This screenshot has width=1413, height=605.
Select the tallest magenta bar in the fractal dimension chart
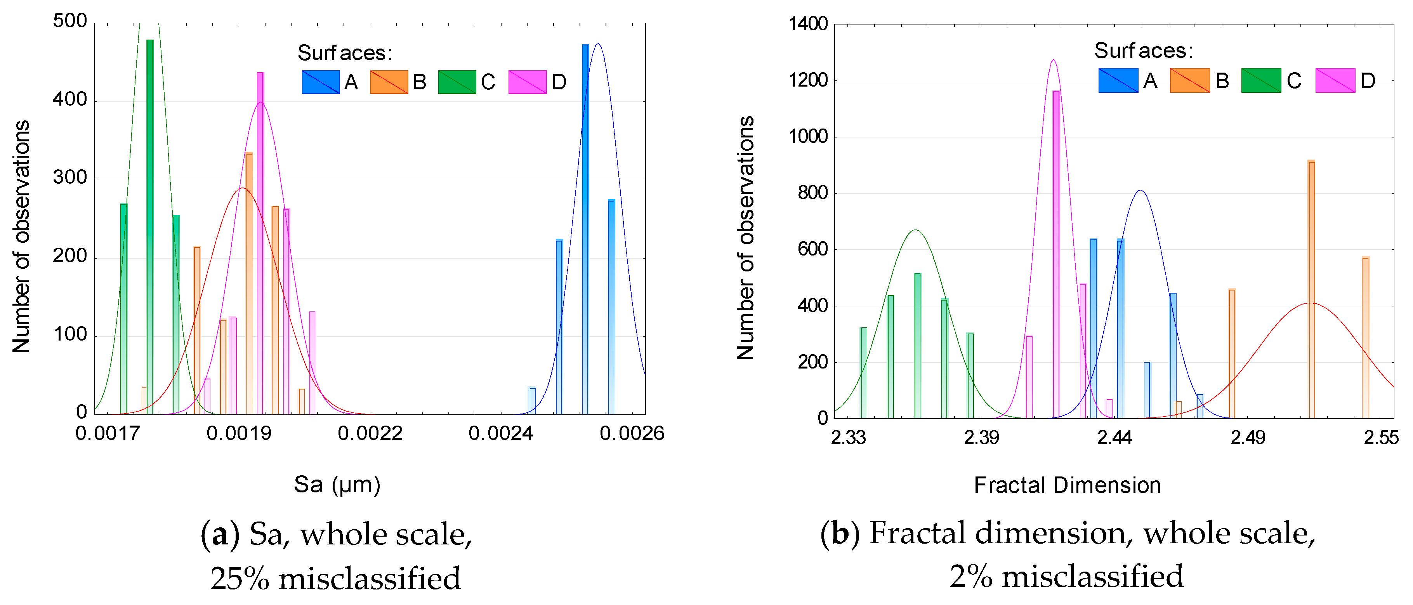[1056, 252]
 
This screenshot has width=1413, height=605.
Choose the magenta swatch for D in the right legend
[1335, 81]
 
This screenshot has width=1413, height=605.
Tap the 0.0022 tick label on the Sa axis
[370, 433]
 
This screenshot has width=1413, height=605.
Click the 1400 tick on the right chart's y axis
[808, 24]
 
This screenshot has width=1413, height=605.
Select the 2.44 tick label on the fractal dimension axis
[1114, 437]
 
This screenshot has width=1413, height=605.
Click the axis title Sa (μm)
[337, 484]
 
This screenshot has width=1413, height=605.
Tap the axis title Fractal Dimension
[1067, 485]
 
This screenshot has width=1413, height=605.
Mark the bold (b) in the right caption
[840, 533]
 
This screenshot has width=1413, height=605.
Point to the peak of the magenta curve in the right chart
[1053, 60]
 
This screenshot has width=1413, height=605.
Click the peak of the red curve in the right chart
[1311, 303]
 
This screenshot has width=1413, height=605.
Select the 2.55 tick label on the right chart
[1381, 437]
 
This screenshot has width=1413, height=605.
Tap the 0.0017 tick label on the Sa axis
[108, 433]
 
